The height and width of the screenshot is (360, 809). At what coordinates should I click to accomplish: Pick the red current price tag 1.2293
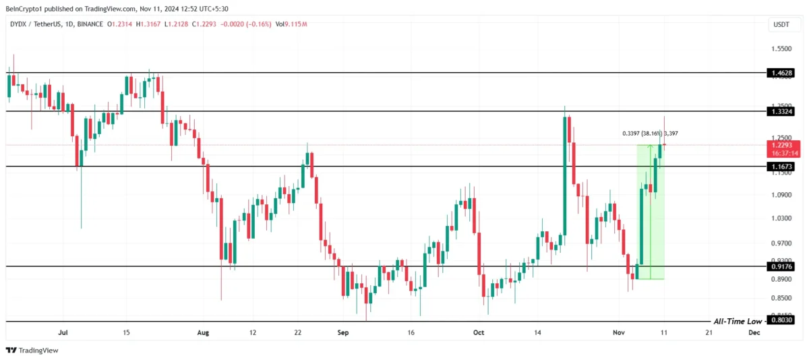pos(783,145)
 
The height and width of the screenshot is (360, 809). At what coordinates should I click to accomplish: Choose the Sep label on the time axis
pos(342,332)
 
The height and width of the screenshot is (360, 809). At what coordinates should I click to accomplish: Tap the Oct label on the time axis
pos(479,332)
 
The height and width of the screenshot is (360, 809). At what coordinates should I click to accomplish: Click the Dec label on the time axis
pos(754,332)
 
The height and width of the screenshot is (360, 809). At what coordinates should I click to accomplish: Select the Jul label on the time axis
pos(64,332)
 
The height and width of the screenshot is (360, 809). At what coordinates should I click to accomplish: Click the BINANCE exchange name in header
pos(90,24)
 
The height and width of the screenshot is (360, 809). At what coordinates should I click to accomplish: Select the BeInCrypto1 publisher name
pos(25,7)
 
